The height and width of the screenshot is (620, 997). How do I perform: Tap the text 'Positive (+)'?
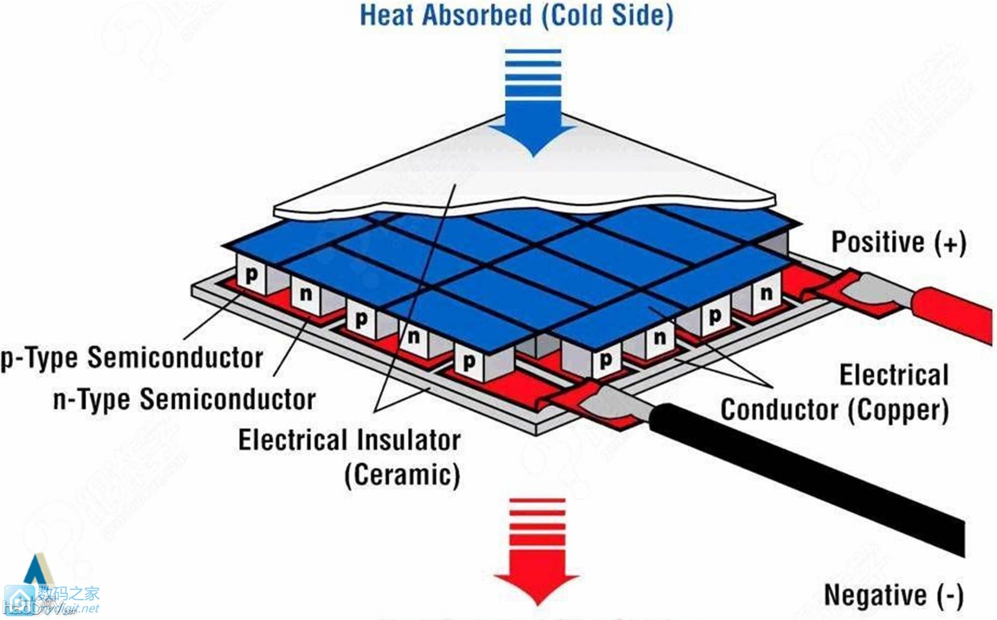click(x=898, y=242)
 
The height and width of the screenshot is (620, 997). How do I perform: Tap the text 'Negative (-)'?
click(x=893, y=595)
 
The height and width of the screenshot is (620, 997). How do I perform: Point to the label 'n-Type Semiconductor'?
click(x=184, y=399)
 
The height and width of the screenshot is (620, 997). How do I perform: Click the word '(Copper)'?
click(x=898, y=410)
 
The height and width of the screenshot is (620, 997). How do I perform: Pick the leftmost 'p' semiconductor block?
click(x=251, y=275)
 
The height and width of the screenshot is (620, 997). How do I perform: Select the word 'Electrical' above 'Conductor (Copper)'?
click(x=893, y=375)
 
